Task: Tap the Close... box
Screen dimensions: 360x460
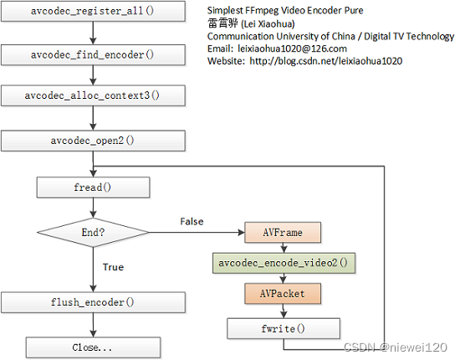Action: [x=94, y=346]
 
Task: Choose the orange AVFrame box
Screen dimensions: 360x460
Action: [x=282, y=231]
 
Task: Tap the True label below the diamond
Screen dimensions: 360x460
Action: [x=112, y=267]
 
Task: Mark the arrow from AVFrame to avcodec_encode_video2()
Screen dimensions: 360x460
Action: [x=282, y=247]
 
